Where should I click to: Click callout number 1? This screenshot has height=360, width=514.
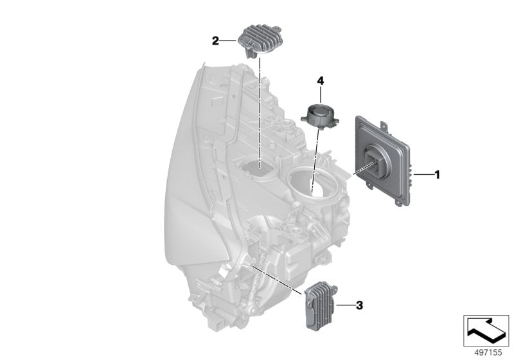[437, 174]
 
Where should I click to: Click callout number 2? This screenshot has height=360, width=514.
[215, 41]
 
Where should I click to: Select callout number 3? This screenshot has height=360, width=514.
[360, 305]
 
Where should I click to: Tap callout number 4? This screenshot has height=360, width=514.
[320, 80]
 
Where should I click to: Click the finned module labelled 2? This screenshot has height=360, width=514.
[258, 40]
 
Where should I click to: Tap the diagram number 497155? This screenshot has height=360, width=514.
[488, 353]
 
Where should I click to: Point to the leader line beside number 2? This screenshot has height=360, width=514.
[227, 40]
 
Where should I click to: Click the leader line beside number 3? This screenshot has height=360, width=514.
[345, 305]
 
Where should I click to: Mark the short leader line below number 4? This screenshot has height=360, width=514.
[320, 94]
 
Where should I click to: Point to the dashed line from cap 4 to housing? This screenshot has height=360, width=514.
[315, 160]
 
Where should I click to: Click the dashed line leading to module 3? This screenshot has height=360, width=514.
[277, 280]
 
